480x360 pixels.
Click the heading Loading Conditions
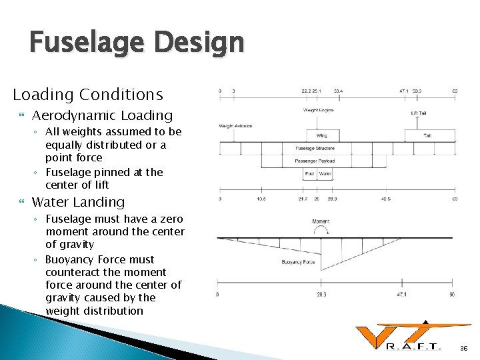[88, 95]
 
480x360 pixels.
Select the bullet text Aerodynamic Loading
[102, 115]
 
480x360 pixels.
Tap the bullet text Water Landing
[78, 201]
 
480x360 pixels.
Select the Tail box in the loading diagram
[427, 135]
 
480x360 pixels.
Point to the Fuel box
[310, 174]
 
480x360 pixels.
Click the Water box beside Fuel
[325, 174]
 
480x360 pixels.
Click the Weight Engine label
[318, 110]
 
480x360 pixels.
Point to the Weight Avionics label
[235, 125]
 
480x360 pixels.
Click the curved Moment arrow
[320, 230]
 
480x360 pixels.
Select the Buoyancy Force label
[298, 262]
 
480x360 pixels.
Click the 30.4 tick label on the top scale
[339, 91]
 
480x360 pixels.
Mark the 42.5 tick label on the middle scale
[386, 199]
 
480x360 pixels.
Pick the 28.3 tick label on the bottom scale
[320, 294]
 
